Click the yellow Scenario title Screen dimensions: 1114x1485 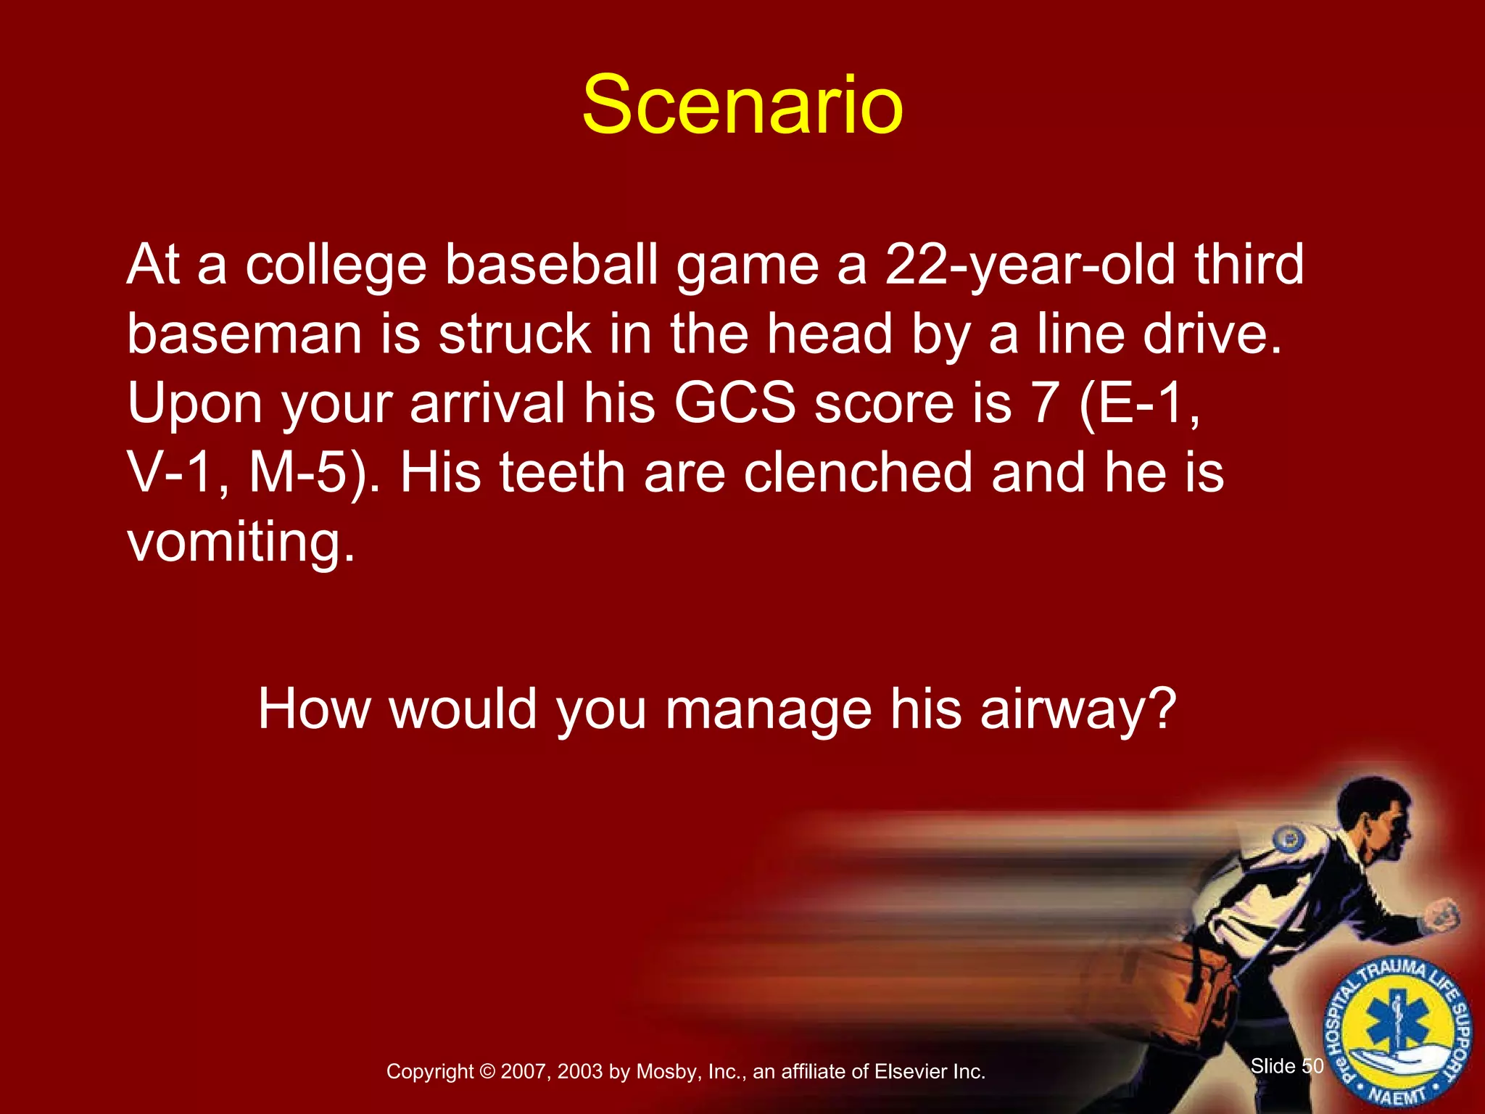[742, 107]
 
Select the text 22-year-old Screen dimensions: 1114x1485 [1030, 265]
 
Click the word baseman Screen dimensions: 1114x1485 [244, 335]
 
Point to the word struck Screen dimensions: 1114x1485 [515, 335]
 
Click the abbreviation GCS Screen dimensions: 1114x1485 [735, 404]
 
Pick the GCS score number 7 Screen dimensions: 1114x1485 [1045, 404]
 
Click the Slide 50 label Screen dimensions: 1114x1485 [1287, 1066]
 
